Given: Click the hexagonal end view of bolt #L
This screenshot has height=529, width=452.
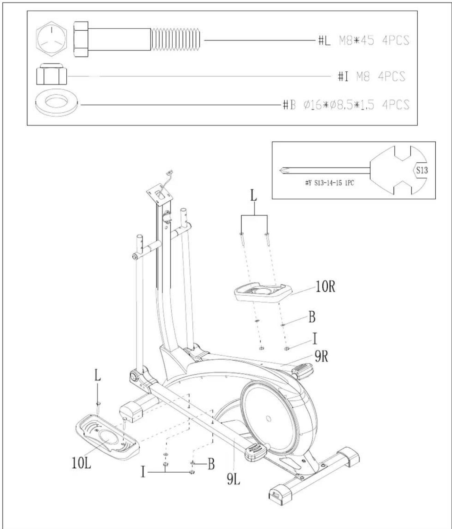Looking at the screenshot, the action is (51, 40).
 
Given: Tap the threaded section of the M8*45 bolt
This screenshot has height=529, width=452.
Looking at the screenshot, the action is (175, 40).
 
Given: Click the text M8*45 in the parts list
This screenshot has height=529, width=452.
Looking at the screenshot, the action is (356, 40).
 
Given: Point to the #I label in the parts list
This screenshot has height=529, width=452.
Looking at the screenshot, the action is (343, 77).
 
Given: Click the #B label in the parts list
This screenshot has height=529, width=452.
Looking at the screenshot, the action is (289, 105).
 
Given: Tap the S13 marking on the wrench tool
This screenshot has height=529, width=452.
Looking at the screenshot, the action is (422, 170).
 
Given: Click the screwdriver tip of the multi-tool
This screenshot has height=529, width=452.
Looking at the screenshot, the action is (283, 170).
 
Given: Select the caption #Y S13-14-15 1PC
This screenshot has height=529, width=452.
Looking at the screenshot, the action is (330, 183).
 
